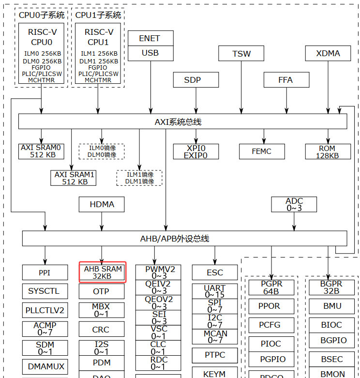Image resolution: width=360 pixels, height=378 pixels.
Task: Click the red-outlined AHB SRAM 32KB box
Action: click(102, 272)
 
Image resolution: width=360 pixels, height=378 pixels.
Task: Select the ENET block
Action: click(150, 38)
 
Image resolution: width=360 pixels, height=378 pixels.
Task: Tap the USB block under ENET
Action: click(150, 53)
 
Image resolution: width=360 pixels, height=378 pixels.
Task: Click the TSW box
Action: click(241, 53)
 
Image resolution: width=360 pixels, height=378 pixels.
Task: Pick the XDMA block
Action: click(328, 53)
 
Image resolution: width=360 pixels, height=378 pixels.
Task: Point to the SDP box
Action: click(192, 80)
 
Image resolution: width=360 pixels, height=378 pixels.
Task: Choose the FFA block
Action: click(286, 80)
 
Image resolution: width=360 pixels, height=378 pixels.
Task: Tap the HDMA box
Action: click(102, 204)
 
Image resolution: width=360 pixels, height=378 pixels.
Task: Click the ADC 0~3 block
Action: click(294, 204)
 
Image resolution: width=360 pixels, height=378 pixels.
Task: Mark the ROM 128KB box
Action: click(327, 151)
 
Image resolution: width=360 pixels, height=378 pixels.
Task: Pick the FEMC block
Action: click(262, 151)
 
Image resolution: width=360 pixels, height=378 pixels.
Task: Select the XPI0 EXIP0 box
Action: click(195, 151)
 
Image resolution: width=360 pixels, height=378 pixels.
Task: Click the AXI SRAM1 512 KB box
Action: click(74, 178)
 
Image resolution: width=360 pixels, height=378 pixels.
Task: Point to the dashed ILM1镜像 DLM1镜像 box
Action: click(139, 178)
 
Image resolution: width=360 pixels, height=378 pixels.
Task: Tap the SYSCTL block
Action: click(45, 291)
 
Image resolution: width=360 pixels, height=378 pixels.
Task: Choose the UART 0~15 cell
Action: click(215, 291)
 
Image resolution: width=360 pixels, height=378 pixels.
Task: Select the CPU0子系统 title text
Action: click(41, 15)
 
